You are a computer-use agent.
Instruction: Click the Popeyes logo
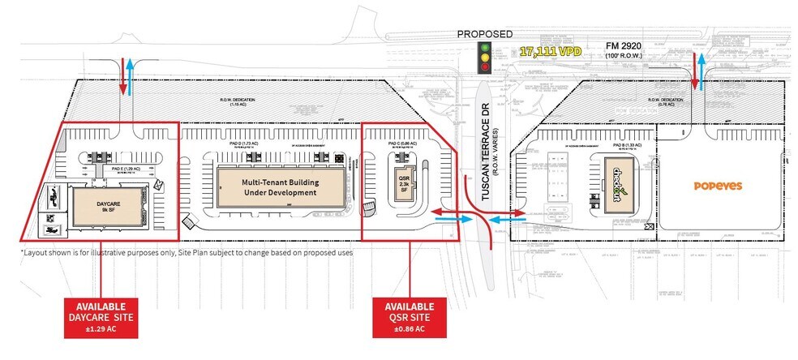click(x=718, y=186)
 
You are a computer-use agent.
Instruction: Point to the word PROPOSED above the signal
click(x=485, y=34)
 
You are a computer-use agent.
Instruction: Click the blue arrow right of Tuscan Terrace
click(x=507, y=218)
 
